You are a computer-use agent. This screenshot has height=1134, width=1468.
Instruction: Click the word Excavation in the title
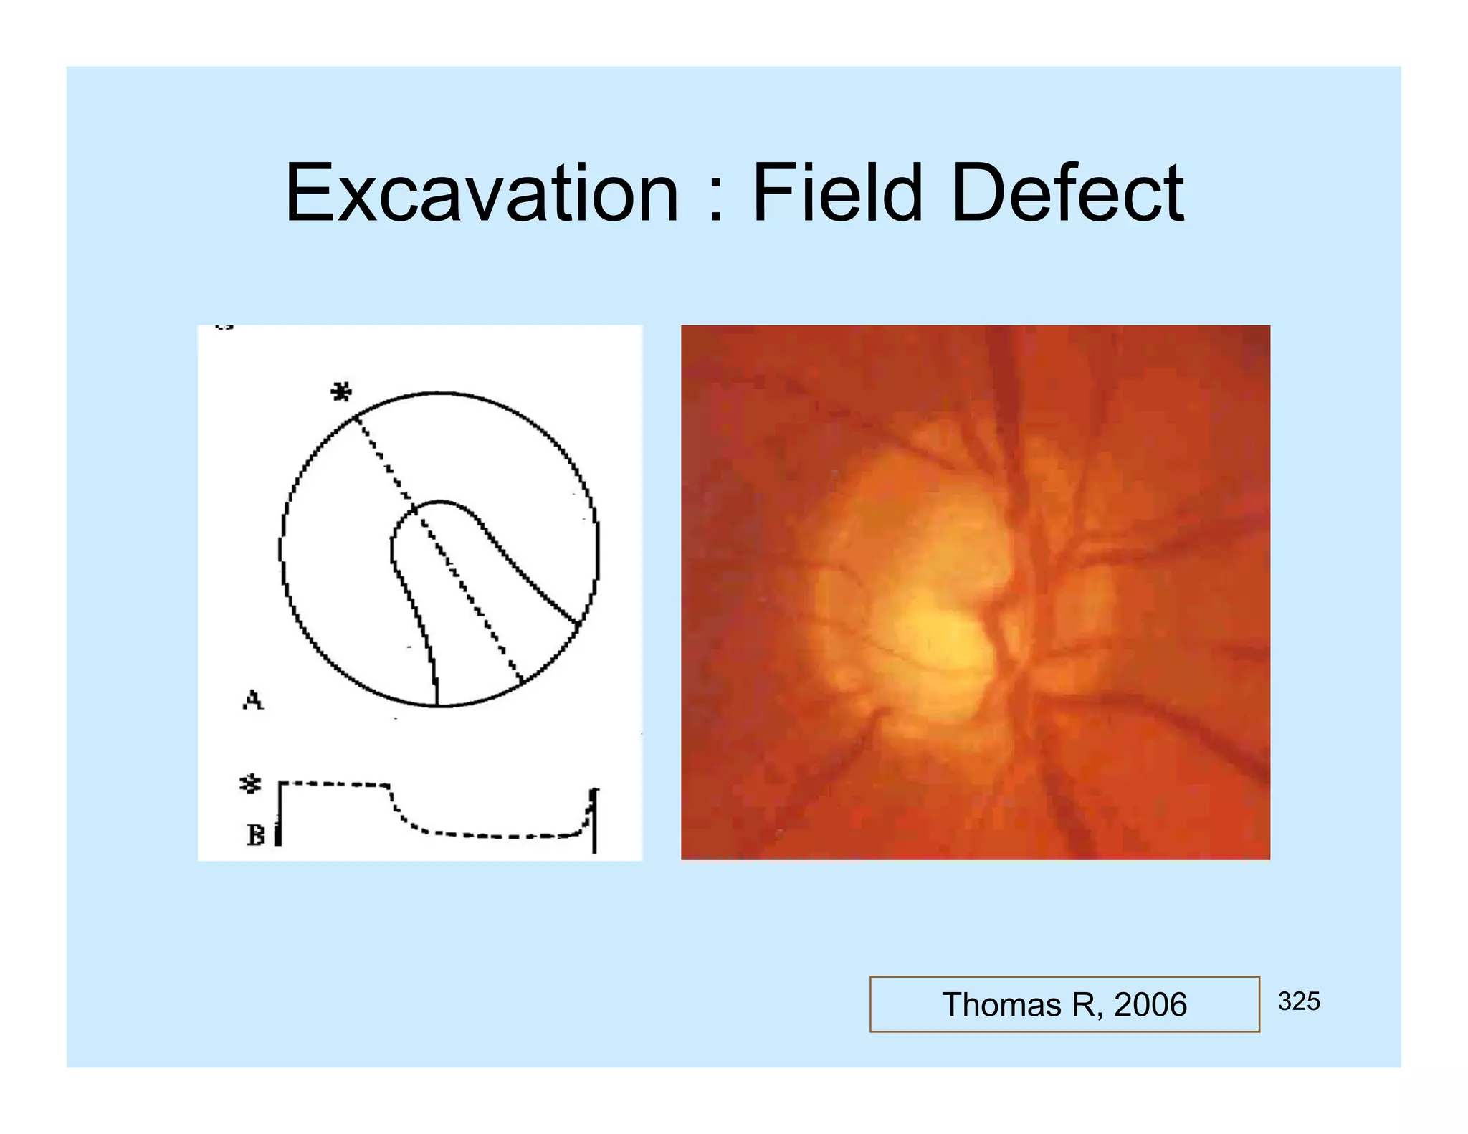[x=482, y=194]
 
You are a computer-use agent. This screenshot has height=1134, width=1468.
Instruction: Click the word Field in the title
[x=837, y=194]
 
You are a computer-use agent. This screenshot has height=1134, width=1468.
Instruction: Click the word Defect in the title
[x=1067, y=194]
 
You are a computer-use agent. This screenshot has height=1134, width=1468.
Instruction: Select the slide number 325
[x=1298, y=1001]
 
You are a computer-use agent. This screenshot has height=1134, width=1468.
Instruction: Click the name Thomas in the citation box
[x=1001, y=1004]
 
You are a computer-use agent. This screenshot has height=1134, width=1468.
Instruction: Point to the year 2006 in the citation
[x=1150, y=1004]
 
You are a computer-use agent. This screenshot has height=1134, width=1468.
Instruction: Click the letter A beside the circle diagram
[x=253, y=700]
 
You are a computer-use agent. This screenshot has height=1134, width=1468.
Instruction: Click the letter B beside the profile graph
[x=255, y=835]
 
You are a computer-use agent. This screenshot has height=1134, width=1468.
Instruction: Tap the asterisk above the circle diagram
[x=341, y=393]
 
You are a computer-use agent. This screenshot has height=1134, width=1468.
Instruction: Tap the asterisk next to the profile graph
[x=249, y=784]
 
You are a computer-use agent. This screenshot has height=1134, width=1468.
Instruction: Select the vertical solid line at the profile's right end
[x=594, y=821]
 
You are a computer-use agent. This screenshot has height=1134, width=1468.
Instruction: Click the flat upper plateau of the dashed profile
[x=334, y=784]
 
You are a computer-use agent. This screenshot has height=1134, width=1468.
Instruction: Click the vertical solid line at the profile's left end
[x=278, y=814]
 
